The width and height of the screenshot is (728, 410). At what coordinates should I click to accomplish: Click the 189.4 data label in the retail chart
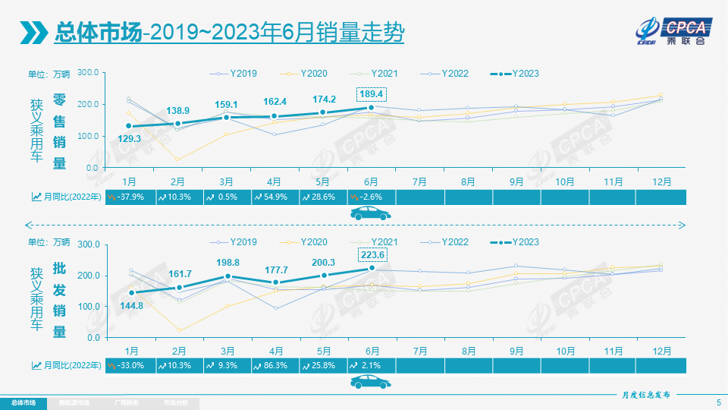[x=371, y=93]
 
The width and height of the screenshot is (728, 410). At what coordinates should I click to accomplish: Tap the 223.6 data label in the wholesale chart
[x=371, y=254]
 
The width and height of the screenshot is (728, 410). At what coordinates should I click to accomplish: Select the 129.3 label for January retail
[x=129, y=139]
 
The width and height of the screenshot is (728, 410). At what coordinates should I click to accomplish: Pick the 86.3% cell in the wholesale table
[x=275, y=365]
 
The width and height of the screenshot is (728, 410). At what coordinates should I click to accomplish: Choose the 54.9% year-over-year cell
[x=275, y=197]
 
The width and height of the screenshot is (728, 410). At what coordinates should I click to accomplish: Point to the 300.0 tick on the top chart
[x=88, y=73]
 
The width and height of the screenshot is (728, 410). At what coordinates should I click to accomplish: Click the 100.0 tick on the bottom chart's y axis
[x=88, y=306]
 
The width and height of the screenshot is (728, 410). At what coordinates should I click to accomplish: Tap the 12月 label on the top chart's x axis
[x=661, y=182]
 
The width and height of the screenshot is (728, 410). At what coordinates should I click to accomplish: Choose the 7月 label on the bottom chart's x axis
[x=419, y=351]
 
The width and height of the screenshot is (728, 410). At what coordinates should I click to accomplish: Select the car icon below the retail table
[x=371, y=214]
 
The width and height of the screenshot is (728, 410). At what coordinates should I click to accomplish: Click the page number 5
[x=718, y=402]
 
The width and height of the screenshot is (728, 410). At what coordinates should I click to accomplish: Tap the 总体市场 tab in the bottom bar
[x=23, y=402]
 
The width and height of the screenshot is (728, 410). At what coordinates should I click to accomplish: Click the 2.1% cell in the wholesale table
[x=371, y=365]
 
